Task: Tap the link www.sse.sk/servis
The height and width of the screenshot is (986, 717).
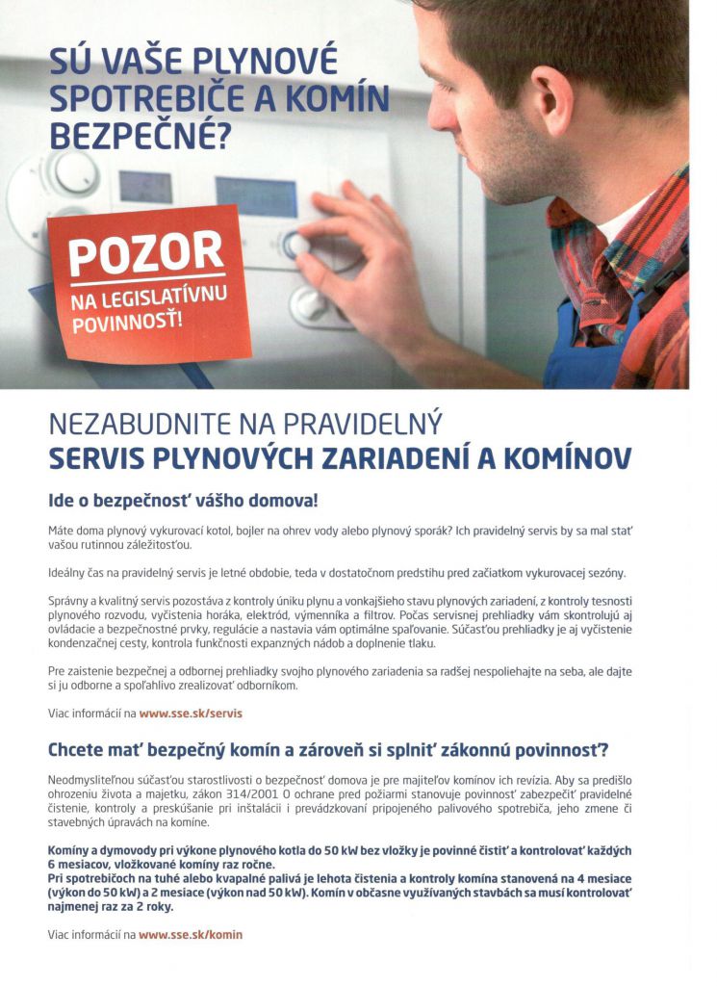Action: coord(191,714)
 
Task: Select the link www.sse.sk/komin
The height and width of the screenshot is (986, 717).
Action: coord(191,934)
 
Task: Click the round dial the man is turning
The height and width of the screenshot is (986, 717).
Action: coord(297,245)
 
